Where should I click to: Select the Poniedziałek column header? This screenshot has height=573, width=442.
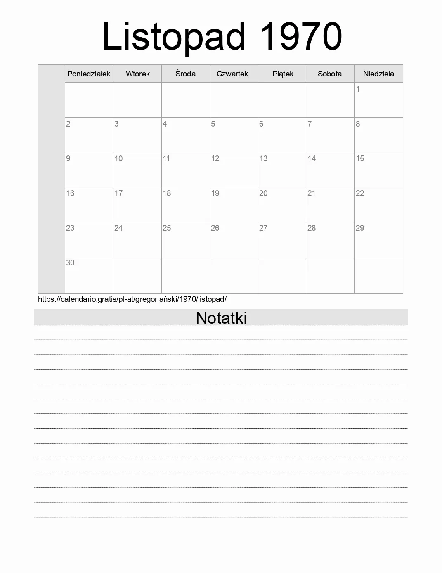point(89,74)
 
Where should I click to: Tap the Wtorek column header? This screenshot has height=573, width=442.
point(138,74)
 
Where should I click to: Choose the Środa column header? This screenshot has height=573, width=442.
point(185,74)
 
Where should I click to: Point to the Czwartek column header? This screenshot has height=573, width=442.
point(232,74)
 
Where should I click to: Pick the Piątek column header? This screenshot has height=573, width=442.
point(283,74)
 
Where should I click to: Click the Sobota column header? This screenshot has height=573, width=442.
point(330,74)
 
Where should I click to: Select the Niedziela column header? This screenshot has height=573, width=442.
point(378,74)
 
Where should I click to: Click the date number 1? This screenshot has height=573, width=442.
point(358,89)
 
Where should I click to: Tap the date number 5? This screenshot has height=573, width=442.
point(213,124)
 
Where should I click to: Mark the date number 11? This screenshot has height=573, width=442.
point(166,158)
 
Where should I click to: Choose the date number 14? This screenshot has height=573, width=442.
point(312,158)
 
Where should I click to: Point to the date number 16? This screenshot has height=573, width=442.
point(70,193)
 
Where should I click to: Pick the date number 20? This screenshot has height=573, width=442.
point(263,193)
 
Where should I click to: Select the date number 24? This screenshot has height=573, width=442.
point(118,228)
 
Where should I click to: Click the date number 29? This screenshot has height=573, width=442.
point(360,228)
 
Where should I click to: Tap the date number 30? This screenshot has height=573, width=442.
point(70,263)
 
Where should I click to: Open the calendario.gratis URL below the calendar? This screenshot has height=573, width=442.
point(132,299)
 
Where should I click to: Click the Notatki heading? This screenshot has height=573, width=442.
point(221,318)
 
